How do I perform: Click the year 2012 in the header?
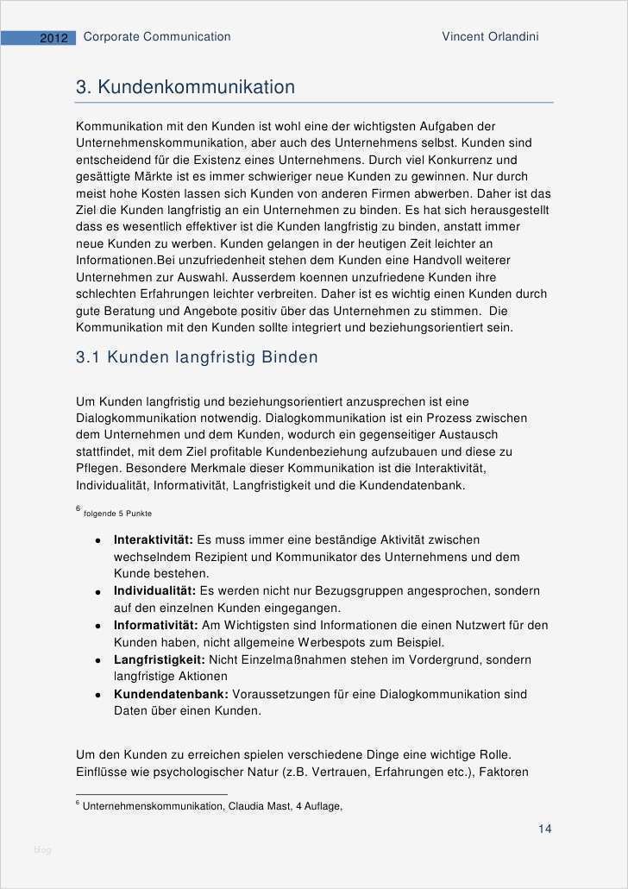click(x=53, y=38)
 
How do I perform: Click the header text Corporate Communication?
click(x=157, y=37)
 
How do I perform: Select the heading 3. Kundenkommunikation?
click(x=185, y=87)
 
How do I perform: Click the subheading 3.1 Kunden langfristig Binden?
click(x=197, y=357)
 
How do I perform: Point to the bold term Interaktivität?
click(x=154, y=539)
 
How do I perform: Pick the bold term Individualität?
click(x=154, y=591)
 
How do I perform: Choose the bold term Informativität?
click(x=155, y=625)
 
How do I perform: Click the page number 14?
click(x=544, y=829)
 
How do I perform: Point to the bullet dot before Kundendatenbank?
click(x=99, y=695)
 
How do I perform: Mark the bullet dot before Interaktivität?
click(x=99, y=540)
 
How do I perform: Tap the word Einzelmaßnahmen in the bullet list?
click(x=279, y=659)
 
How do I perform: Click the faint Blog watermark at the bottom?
click(x=42, y=850)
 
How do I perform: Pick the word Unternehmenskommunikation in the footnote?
click(x=153, y=807)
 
